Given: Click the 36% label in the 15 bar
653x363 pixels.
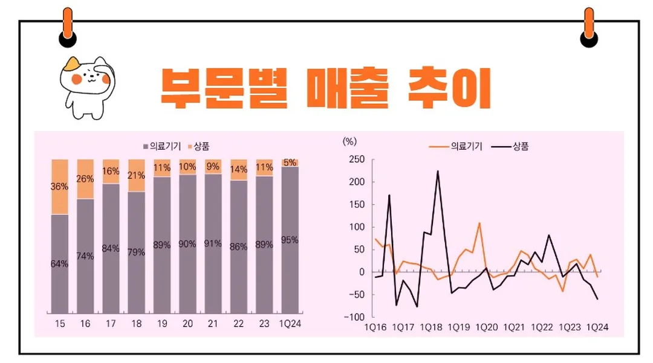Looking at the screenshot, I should point(59,187).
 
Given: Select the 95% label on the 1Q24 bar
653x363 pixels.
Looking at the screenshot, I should point(290,240).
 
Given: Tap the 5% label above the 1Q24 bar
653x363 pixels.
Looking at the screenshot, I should point(290,162).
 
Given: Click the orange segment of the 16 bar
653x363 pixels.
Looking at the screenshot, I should point(85,179).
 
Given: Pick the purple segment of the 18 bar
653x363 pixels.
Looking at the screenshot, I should point(137,252).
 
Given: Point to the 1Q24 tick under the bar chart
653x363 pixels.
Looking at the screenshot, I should point(290,324).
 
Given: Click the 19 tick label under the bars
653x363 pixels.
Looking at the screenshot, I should point(162,324).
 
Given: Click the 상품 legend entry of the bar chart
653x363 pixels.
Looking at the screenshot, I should point(198,146).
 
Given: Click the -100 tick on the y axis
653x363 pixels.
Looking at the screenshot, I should point(356,317).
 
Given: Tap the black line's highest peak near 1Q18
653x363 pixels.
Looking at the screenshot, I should point(437,171).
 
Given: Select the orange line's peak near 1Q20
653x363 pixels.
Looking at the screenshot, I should point(479,223).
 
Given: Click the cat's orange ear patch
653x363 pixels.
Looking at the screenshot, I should point(74,63).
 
